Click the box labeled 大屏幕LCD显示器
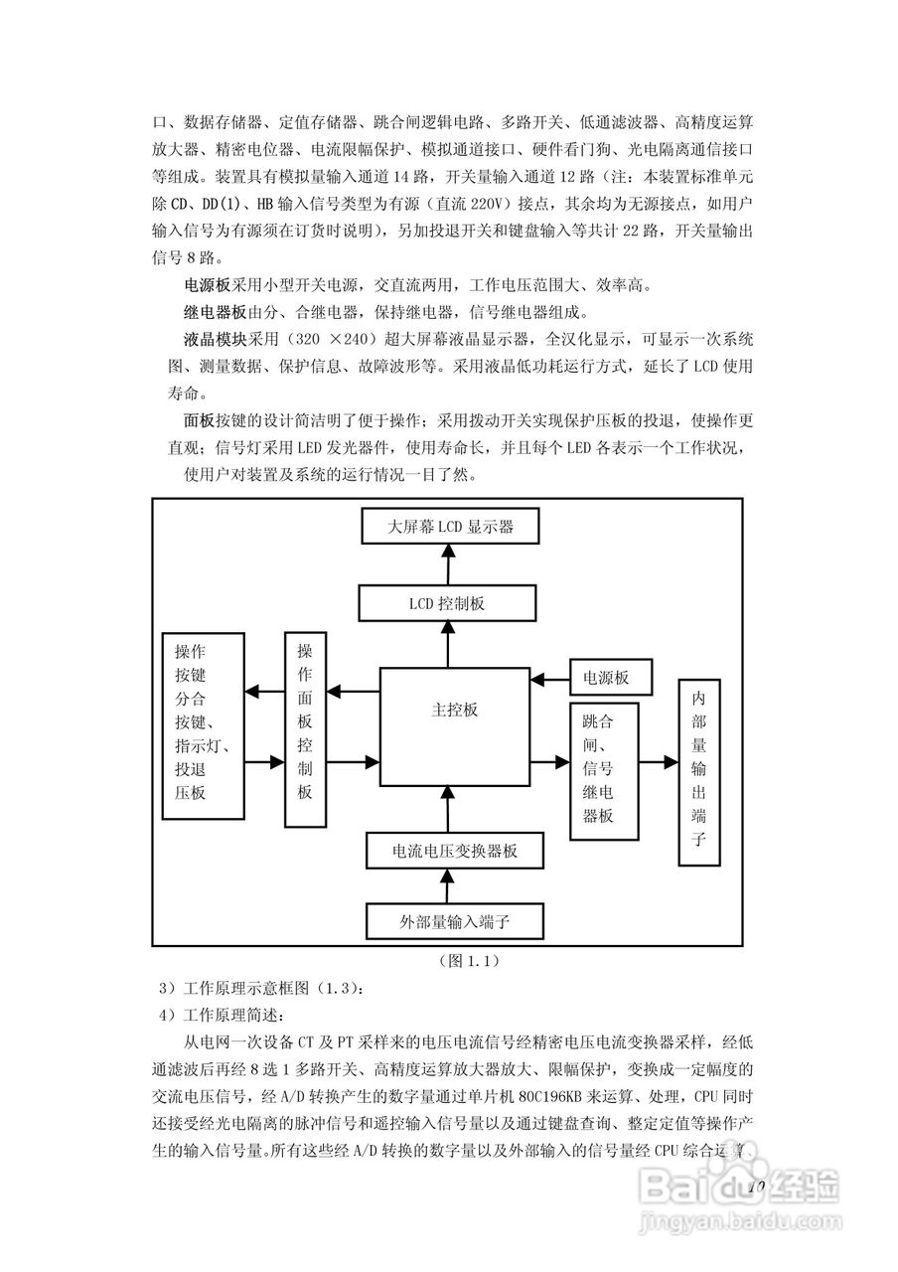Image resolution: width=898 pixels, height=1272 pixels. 450,527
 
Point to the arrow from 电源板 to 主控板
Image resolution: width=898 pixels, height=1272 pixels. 549,680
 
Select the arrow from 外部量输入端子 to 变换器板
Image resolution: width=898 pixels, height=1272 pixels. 450,885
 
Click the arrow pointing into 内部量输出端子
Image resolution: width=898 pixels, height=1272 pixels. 659,763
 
